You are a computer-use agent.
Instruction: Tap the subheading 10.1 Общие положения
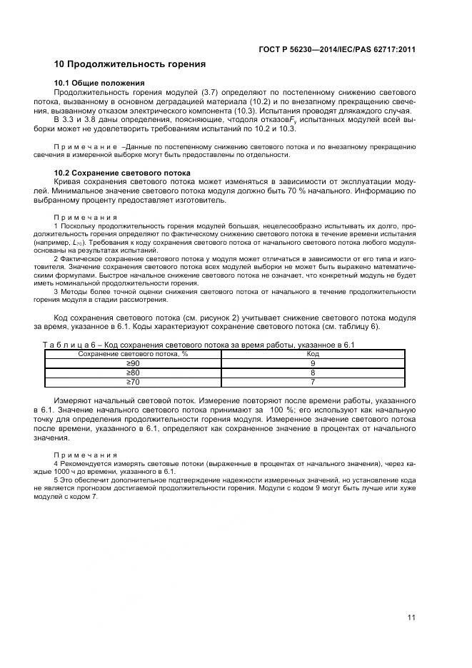tap(100, 83)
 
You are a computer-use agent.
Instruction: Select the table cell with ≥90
tap(133, 363)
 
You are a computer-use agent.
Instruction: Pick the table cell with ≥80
tap(133, 373)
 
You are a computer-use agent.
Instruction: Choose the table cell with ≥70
tap(133, 382)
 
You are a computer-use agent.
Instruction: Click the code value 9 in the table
tap(313, 363)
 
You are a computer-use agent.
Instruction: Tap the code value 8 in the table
tap(313, 373)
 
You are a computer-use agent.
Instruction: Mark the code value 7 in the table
tap(313, 382)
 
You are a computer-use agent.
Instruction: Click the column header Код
tap(313, 354)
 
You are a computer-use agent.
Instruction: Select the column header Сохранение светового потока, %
tap(133, 354)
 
